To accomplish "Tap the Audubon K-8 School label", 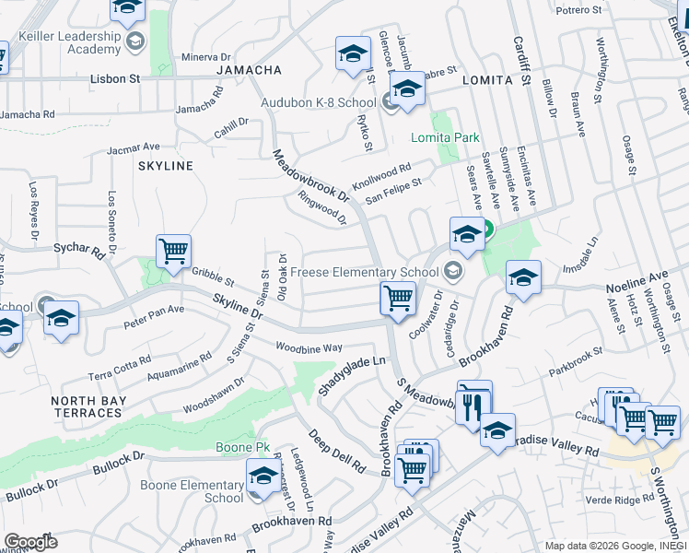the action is [318, 102].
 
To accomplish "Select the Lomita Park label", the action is [446, 138].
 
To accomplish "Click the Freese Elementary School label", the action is [364, 272].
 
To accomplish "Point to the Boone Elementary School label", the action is [192, 491].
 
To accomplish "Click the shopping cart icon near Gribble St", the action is [173, 250].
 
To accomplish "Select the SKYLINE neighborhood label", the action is [165, 166].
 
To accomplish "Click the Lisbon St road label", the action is [115, 79].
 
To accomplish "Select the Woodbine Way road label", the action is [309, 347].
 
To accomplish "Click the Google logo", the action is [30, 542].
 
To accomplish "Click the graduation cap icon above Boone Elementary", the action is [263, 476].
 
